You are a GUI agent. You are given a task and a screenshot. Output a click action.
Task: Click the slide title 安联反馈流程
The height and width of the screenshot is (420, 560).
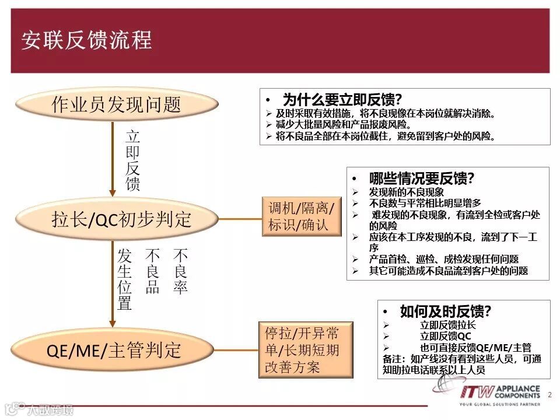[87, 40]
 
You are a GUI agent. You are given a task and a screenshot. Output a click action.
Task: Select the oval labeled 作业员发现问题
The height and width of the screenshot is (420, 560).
[117, 105]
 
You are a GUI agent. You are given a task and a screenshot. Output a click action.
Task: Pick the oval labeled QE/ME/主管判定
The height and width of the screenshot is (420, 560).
[114, 350]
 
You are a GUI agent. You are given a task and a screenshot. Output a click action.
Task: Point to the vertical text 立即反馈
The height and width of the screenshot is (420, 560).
[133, 161]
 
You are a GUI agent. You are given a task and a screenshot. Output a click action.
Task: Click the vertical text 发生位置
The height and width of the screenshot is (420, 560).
[125, 279]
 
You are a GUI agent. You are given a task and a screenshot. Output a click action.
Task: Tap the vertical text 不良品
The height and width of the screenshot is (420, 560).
[153, 272]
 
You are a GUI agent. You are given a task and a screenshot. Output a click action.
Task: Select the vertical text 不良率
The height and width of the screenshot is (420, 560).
[180, 272]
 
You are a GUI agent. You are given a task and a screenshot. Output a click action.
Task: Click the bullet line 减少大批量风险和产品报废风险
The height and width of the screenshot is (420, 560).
[344, 124]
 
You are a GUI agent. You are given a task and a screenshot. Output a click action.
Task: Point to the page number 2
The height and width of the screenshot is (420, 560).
[549, 395]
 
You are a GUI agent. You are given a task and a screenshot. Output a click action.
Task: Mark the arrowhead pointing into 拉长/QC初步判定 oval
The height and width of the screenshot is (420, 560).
[113, 192]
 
